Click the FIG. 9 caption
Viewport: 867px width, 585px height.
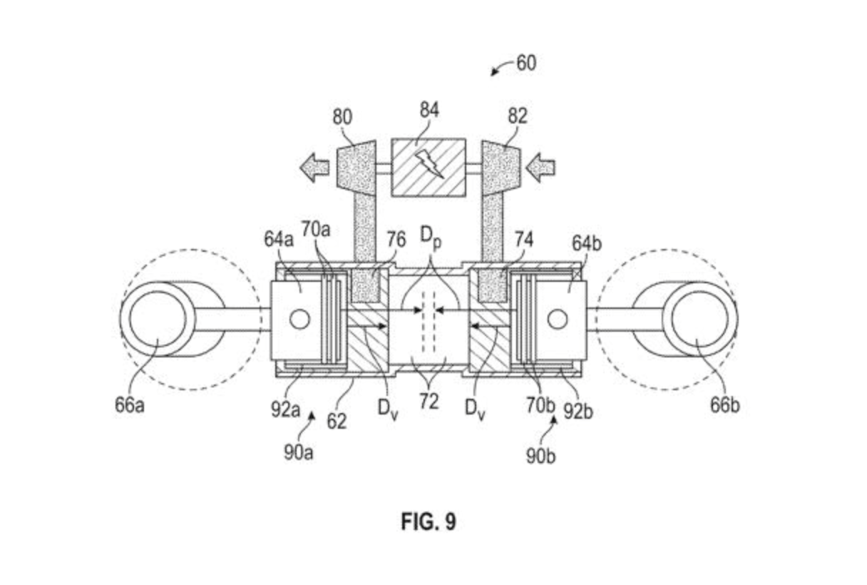428,522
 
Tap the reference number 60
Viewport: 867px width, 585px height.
525,63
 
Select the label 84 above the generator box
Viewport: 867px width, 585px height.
429,110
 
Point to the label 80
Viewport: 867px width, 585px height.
342,117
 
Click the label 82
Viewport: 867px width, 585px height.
518,116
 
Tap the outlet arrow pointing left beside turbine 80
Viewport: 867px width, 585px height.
314,168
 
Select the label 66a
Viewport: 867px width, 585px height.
129,405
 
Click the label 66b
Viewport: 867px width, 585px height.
724,405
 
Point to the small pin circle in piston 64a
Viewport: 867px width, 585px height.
299,320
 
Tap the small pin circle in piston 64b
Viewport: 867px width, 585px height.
558,320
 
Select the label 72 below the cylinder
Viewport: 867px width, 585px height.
429,402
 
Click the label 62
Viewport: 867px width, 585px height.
337,421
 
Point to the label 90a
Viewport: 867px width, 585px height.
298,452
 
